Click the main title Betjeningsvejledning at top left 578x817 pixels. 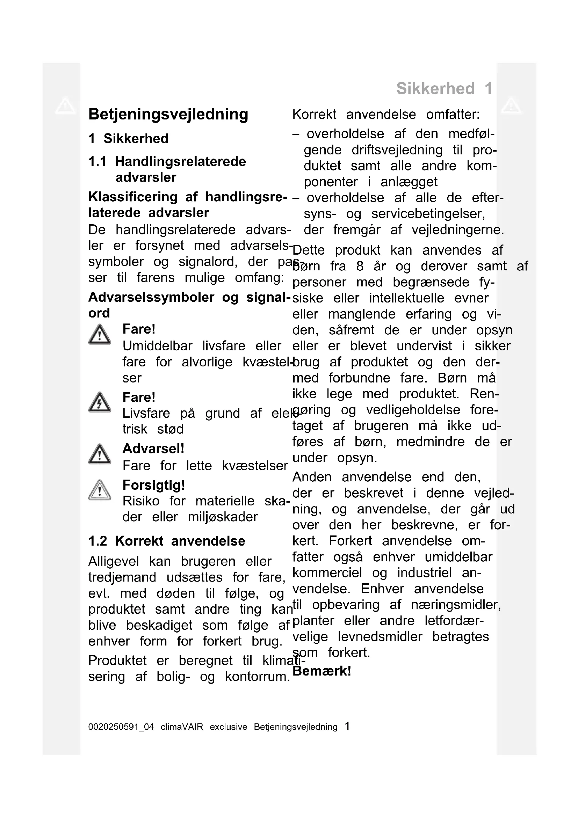pos(168,115)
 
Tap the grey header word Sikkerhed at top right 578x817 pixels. pos(435,89)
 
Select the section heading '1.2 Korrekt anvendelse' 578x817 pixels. pos(167,541)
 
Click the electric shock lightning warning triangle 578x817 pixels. pos(100,402)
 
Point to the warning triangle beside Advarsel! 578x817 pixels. pos(100,454)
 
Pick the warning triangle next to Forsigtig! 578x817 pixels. pos(100,490)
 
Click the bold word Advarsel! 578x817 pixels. pos(153,449)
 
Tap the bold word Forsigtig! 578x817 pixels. pos(154,485)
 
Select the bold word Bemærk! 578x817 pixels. pos(322,671)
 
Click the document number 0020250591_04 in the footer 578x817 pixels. pos(121,727)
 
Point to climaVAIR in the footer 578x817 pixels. pos(182,727)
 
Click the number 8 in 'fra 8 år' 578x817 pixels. pos(360,266)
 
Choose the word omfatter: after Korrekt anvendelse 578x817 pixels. pos(453,115)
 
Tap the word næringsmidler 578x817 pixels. pos(456,605)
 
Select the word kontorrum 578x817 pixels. pos(257,677)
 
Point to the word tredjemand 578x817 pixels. pos(122,577)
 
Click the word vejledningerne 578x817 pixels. pos(458,230)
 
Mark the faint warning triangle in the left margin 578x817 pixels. pos(65,106)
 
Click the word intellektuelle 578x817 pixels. pos(406,298)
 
